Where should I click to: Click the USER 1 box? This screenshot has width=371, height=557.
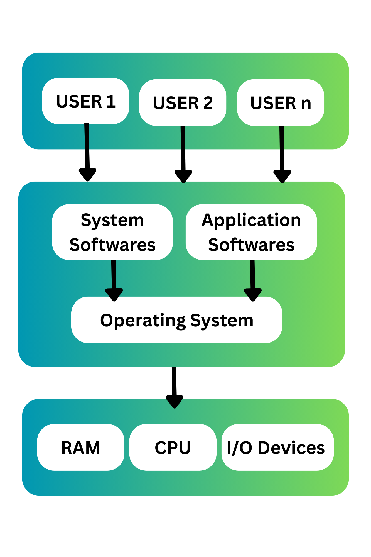tap(85, 101)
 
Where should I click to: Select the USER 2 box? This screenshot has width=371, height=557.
tap(183, 102)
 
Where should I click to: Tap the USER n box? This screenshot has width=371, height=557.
tap(281, 102)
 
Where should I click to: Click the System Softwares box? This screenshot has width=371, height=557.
tap(112, 232)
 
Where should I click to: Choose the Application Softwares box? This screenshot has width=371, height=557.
tap(251, 232)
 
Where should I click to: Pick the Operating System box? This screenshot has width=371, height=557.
tap(176, 319)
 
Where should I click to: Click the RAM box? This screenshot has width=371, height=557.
tap(81, 447)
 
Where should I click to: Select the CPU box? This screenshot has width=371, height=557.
tap(173, 447)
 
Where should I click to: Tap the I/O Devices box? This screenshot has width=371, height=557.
tap(277, 447)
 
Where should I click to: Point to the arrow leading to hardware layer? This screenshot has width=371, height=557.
tap(174, 387)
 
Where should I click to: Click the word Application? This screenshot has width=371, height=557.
tap(251, 221)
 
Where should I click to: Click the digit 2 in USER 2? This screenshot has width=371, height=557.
tap(208, 103)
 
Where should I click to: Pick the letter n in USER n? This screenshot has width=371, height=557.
tap(306, 103)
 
